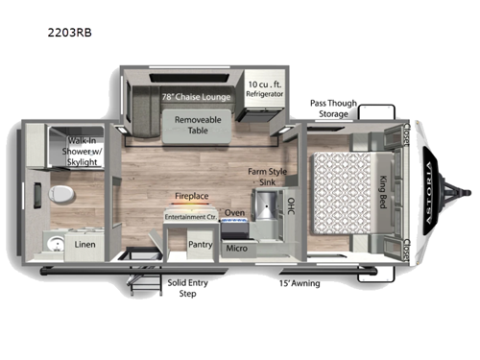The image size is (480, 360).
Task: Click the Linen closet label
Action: [x=84, y=244]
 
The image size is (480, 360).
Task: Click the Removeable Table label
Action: [x=198, y=125]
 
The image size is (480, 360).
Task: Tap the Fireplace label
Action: [x=190, y=196]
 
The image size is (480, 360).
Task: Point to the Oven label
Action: [x=234, y=213]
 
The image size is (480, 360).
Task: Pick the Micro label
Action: [x=237, y=249]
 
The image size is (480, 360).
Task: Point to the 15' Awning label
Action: [x=300, y=284]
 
